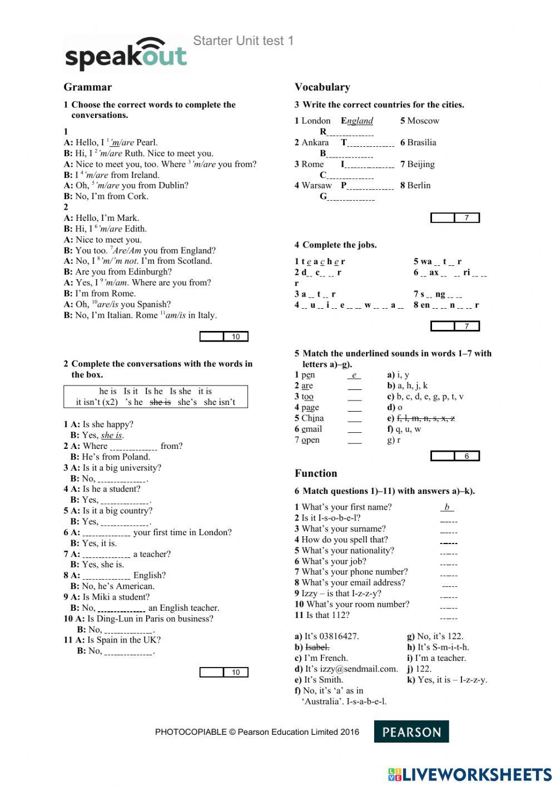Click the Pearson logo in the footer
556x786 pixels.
[x=411, y=731]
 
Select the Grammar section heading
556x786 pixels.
[x=87, y=87]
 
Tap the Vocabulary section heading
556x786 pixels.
[x=322, y=87]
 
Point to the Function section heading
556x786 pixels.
[x=316, y=473]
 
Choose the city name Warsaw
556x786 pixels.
[x=316, y=185]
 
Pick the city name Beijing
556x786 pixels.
[x=421, y=164]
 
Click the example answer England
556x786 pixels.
[x=357, y=121]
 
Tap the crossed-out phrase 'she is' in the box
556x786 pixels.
[x=160, y=402]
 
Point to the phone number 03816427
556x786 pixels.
[x=339, y=636]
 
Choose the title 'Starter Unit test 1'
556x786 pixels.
[x=243, y=41]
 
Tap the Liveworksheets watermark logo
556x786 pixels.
[x=470, y=774]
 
